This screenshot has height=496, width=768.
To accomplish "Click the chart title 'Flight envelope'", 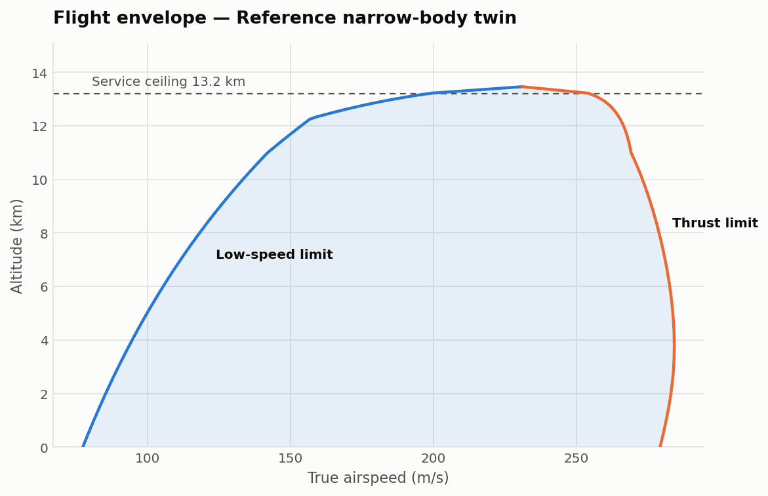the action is (130, 18).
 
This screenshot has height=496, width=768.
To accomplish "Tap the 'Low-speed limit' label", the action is (274, 255).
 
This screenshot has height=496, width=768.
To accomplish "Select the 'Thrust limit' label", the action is (715, 223).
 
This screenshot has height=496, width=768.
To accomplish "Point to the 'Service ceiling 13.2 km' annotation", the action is (169, 82).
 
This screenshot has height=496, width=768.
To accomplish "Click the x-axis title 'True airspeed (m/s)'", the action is (378, 478).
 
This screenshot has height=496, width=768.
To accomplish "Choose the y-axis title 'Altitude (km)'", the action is (16, 246).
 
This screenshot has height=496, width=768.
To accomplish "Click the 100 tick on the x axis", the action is (148, 459).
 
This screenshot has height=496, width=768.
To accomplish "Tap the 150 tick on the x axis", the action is (291, 459).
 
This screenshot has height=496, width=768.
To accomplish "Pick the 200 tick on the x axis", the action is (434, 459).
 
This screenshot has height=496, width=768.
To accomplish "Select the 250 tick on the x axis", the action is (576, 459).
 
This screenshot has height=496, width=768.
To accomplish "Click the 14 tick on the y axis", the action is (39, 73).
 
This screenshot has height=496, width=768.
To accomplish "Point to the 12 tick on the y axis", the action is (39, 126).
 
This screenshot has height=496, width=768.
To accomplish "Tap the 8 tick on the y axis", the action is (44, 234).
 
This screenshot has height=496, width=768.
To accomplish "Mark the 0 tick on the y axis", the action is (44, 448).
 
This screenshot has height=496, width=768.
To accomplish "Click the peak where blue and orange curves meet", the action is (521, 86).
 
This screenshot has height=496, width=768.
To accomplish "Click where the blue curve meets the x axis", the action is (83, 447).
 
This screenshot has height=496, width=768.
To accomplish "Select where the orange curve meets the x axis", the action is (660, 447).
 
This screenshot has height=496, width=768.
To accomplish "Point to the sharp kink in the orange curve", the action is (632, 153).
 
